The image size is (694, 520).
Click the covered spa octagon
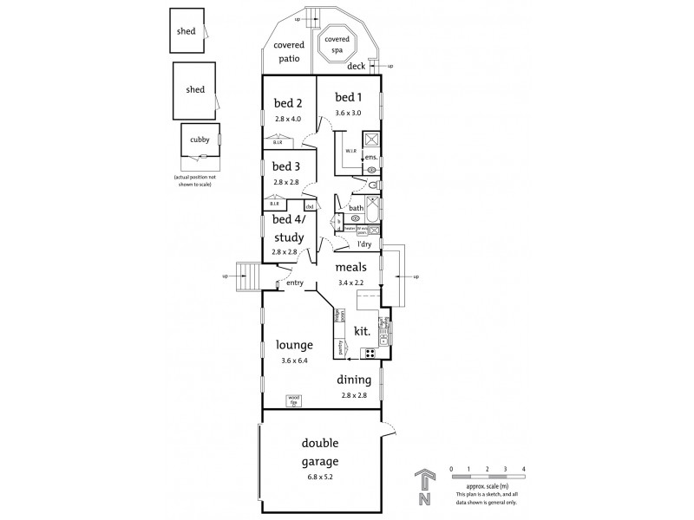337,44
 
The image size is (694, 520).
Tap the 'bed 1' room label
349,98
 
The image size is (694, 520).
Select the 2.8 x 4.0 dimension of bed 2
286,118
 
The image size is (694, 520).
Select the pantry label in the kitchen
339,348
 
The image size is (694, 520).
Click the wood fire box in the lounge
293,400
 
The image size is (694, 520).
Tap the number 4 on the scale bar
524,469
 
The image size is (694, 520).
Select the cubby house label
200,139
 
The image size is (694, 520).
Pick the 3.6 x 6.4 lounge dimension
296,360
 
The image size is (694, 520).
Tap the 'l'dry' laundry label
364,244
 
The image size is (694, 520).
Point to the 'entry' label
295,283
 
